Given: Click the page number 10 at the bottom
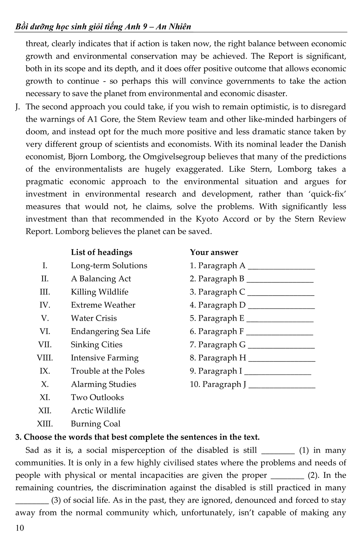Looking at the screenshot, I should coord(20,528).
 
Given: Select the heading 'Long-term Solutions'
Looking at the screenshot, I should coord(109,266).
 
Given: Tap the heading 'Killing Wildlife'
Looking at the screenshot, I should coord(99,292).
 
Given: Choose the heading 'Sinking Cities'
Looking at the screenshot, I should coord(96,345).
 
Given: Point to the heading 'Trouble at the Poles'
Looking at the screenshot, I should coord(108,371).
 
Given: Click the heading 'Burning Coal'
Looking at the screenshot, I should coord(96,424).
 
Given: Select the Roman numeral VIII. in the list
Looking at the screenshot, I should coord(45,358).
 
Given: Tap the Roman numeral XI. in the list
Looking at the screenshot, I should coord(45,398).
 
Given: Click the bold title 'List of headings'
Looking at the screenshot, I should coord(102,253).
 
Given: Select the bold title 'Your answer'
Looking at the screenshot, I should coord(214,253).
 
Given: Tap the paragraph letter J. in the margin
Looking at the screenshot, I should coord(18,107).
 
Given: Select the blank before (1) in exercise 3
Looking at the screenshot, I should coord(278,451).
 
